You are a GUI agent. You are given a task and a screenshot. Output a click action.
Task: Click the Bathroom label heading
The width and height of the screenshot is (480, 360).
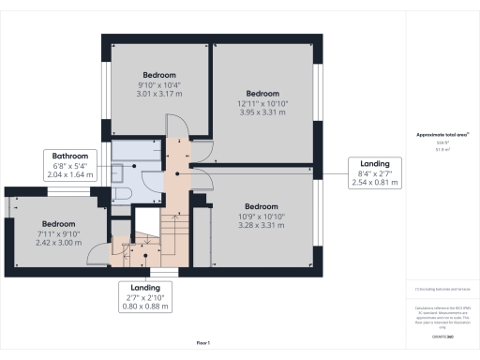(x=70, y=156)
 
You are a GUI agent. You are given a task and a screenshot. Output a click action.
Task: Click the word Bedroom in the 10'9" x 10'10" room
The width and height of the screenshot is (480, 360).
(x=262, y=206)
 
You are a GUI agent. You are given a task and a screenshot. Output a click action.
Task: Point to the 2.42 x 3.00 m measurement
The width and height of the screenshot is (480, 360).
(x=58, y=242)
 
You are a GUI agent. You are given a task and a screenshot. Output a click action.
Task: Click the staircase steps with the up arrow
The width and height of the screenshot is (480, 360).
(x=174, y=225)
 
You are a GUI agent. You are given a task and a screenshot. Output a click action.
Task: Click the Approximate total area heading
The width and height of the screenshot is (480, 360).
(x=442, y=134)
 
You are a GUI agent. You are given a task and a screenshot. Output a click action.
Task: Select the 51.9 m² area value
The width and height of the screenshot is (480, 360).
(x=442, y=148)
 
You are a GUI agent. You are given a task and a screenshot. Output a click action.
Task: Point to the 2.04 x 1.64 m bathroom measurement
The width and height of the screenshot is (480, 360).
(x=70, y=174)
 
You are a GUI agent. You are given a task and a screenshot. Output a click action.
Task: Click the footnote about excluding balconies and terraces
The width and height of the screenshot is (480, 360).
(x=442, y=291)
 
